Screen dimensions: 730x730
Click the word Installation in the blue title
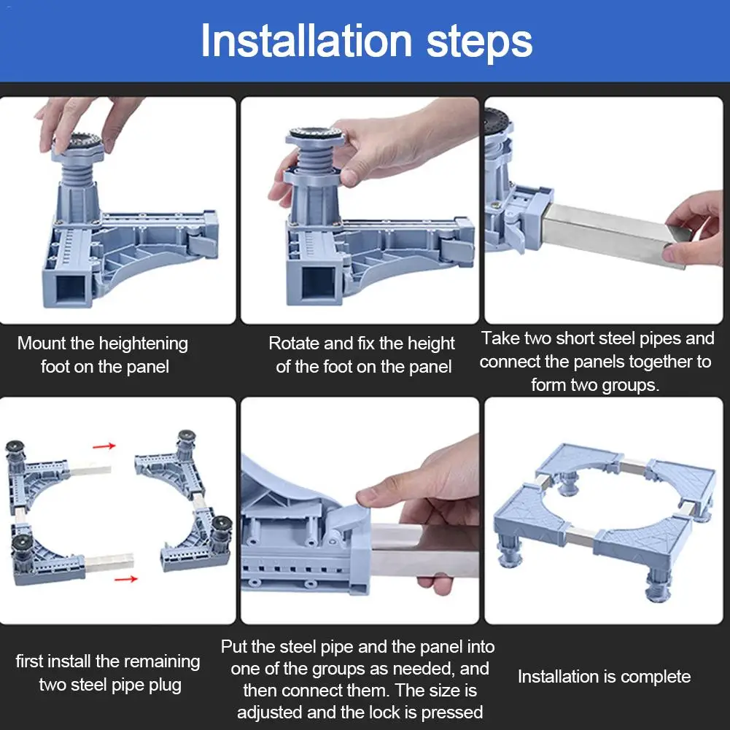(x=306, y=41)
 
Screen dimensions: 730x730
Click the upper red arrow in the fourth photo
(x=104, y=446)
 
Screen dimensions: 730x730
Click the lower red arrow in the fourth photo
(x=126, y=579)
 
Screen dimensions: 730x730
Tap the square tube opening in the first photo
(x=71, y=288)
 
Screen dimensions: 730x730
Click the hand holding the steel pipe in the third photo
(x=694, y=228)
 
